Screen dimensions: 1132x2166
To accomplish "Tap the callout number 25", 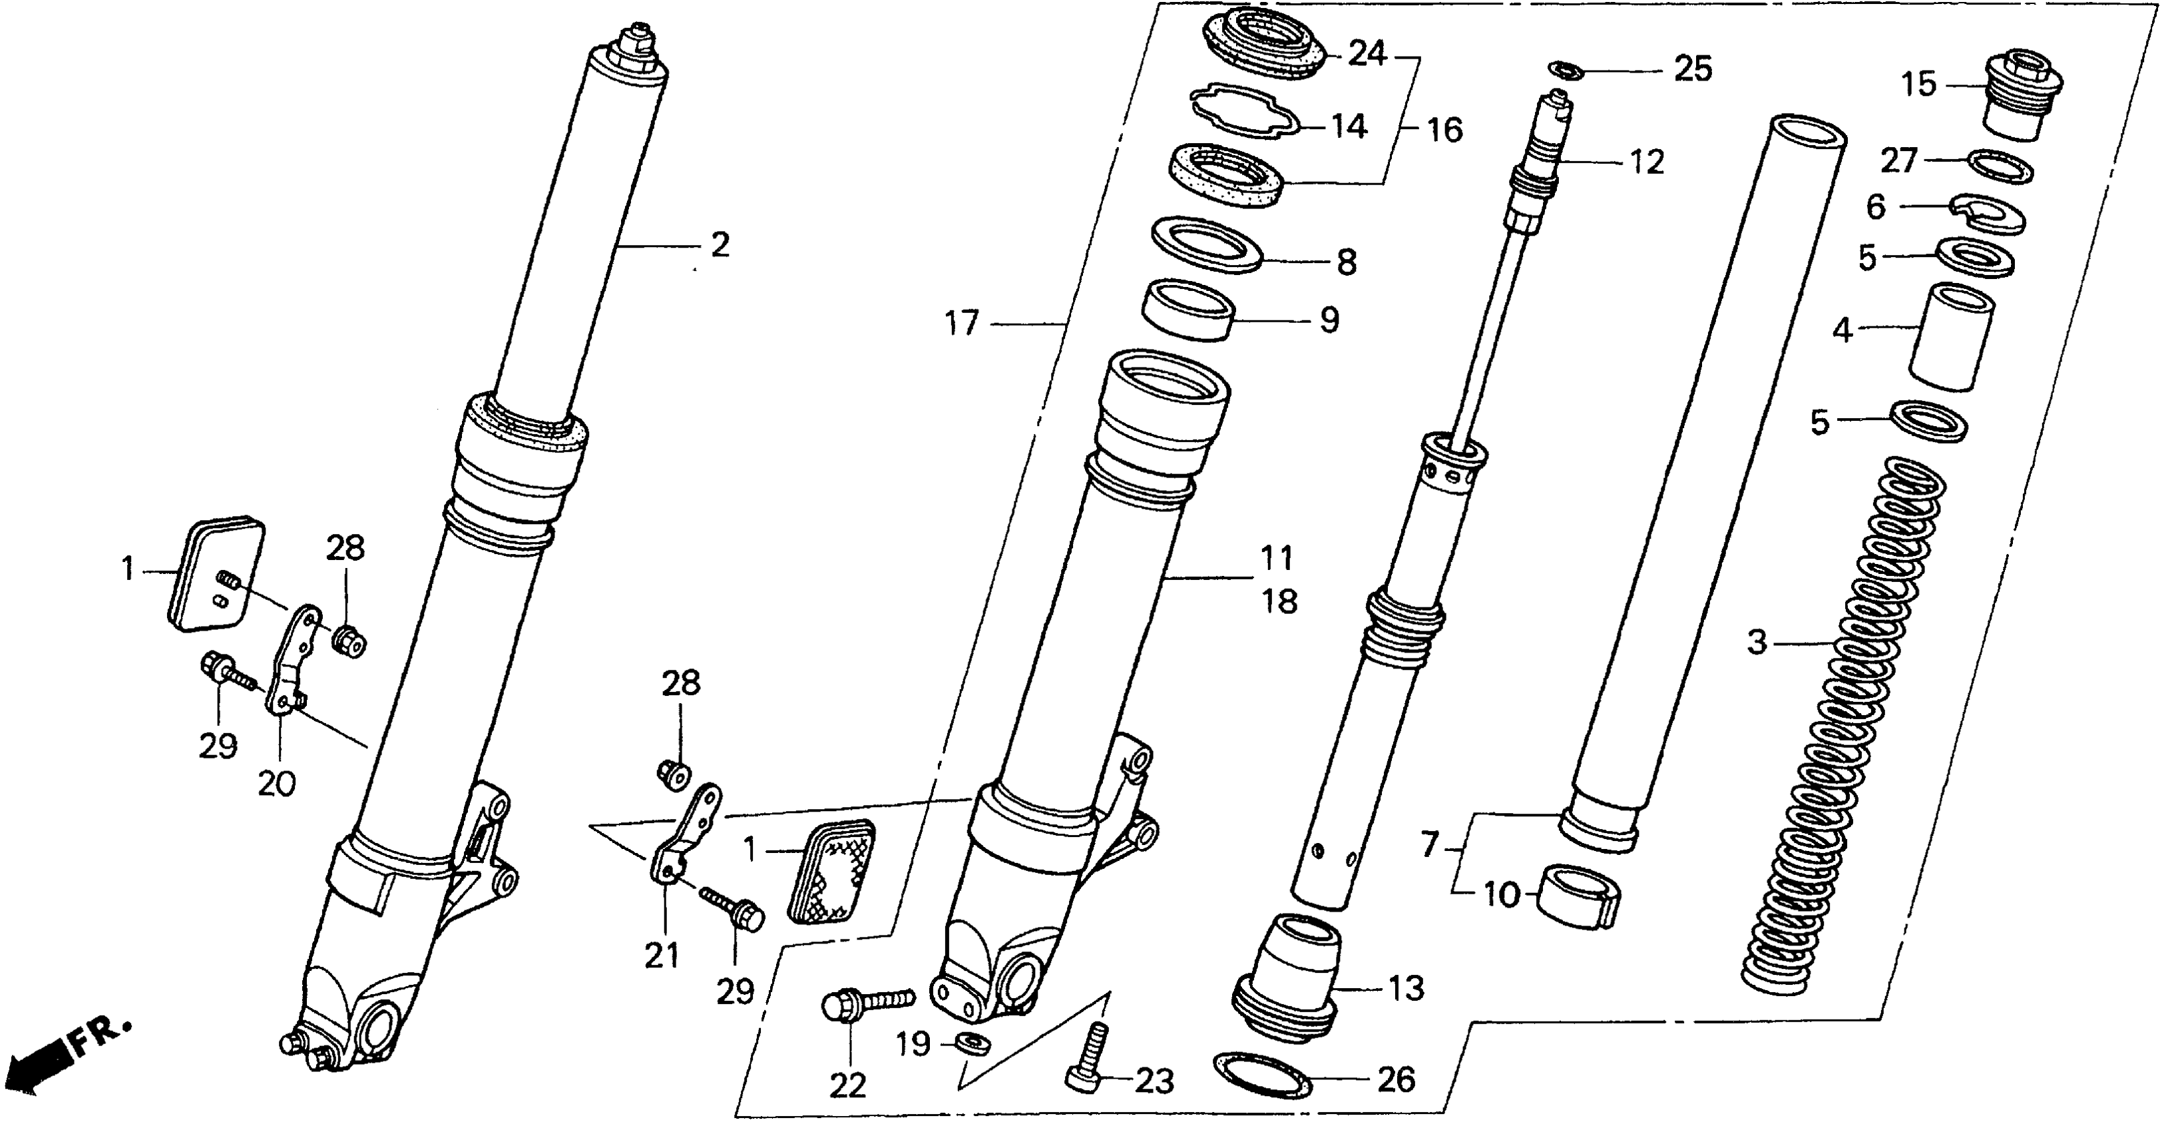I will (1693, 69).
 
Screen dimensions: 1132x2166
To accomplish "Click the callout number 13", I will (1406, 989).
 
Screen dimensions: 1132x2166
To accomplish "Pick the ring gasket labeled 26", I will (1262, 1075).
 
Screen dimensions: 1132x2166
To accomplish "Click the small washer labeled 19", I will (974, 1043).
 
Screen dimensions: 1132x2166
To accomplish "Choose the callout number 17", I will (962, 323).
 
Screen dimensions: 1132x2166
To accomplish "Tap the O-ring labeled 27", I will (2002, 166).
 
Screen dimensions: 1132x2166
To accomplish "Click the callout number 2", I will (719, 245).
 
